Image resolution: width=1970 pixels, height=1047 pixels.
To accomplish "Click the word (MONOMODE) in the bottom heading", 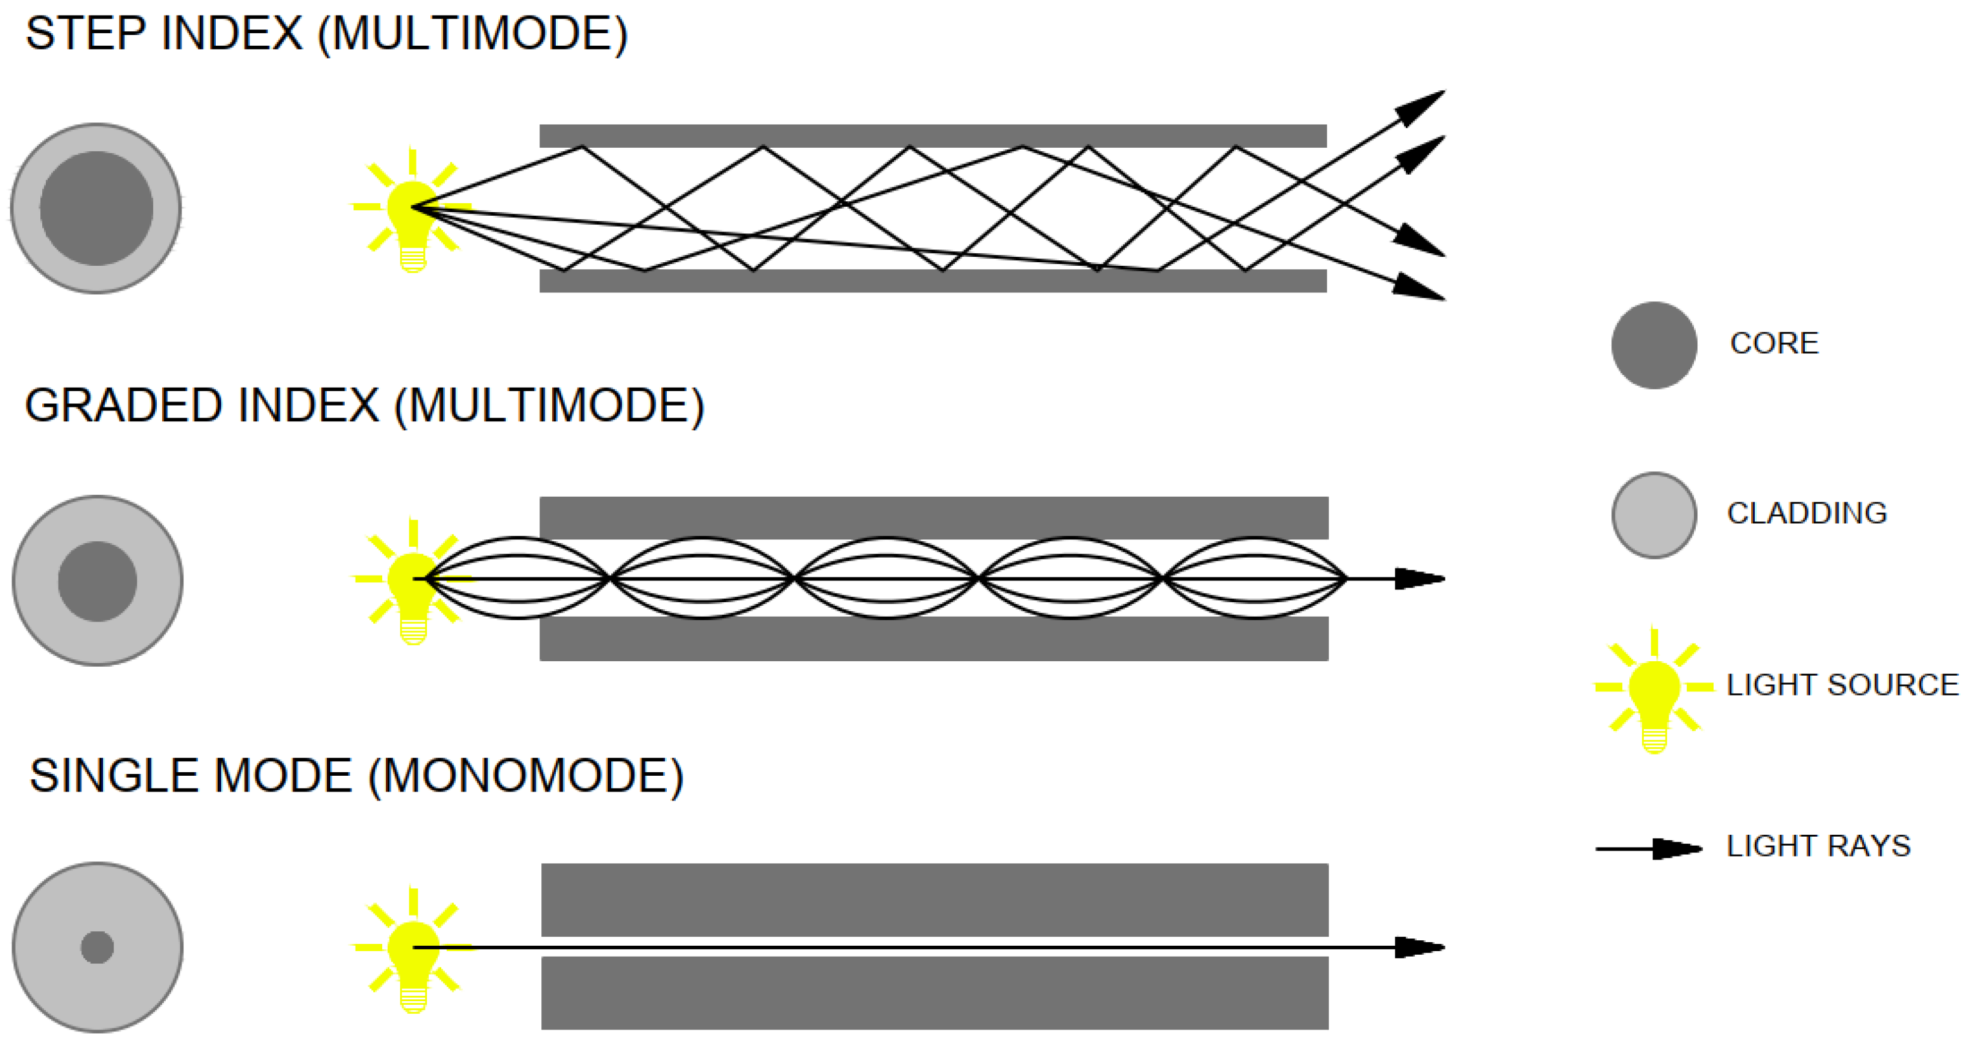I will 526,776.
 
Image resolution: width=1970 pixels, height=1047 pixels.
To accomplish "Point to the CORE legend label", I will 1774,344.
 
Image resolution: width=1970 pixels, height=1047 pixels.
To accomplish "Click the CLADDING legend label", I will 1807,513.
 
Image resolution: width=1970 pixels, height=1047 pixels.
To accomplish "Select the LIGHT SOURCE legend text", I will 1842,685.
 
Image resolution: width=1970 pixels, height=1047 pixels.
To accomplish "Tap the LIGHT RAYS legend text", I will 1819,846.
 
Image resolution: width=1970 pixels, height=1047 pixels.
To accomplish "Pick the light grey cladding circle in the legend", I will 1654,515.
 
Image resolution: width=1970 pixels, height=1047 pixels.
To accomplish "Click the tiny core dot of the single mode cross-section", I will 97,948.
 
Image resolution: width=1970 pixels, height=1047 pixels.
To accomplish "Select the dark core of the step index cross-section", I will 96,208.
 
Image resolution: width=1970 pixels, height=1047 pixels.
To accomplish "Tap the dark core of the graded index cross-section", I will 97,581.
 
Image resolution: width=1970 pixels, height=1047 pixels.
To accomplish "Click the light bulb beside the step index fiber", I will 413,214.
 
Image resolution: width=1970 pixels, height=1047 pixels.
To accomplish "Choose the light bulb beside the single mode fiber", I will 413,956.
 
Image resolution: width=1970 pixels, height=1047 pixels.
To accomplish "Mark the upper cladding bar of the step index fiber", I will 933,136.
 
